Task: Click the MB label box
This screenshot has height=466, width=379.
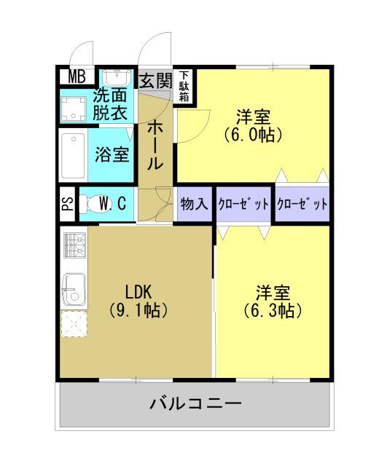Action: click(77, 76)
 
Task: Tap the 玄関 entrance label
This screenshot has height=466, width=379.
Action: click(155, 81)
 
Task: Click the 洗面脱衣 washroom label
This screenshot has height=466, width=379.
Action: click(111, 104)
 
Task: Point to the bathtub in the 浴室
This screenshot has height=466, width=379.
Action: click(73, 156)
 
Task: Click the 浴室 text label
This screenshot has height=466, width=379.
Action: click(112, 155)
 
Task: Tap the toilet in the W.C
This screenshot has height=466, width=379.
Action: click(91, 205)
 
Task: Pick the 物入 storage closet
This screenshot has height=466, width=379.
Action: click(195, 204)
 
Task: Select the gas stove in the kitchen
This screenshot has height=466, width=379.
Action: click(74, 246)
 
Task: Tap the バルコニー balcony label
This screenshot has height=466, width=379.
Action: click(195, 403)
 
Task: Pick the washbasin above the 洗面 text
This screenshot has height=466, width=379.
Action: click(114, 78)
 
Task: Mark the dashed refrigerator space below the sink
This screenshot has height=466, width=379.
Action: click(74, 325)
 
